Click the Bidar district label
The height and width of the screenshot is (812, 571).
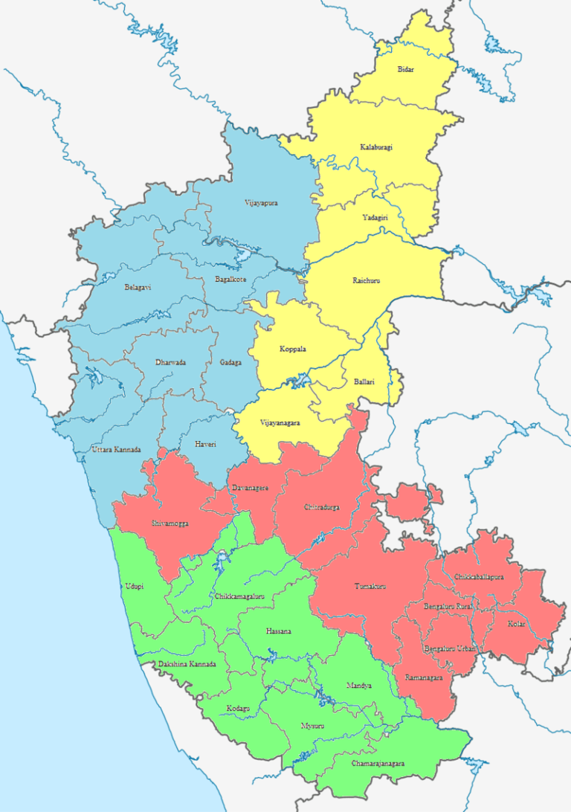tap(405, 69)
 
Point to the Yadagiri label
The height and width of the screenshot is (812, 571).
tap(375, 217)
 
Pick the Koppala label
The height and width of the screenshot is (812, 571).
tap(293, 349)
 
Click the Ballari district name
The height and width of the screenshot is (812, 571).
tap(364, 382)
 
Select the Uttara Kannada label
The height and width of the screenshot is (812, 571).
tap(115, 450)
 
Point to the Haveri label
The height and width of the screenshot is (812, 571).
tap(205, 444)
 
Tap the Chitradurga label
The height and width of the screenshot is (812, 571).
tap(322, 506)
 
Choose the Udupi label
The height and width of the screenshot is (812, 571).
tap(135, 587)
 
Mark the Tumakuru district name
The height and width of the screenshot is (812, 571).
tap(369, 587)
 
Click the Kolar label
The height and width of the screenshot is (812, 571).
tap(516, 624)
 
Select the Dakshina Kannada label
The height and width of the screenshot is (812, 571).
tap(187, 664)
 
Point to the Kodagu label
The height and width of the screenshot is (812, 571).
tap(238, 708)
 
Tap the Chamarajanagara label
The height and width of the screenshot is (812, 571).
tap(378, 764)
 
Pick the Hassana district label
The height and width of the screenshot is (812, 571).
tap(279, 631)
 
